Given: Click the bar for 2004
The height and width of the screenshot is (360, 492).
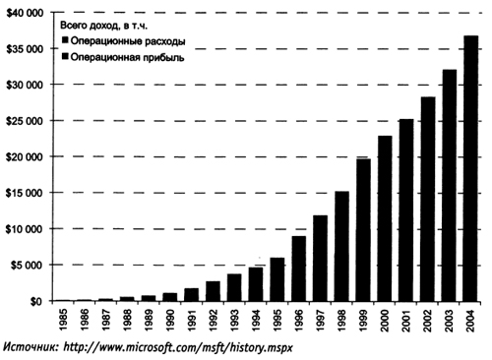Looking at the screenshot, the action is pos(470,168).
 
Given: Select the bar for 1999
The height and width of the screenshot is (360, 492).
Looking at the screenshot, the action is pos(363,230).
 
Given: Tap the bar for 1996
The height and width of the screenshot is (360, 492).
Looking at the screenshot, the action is pos(299,269).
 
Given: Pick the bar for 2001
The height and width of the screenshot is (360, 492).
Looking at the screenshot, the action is pos(406,210).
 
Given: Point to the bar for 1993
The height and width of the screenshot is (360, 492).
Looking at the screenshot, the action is pos(234,287).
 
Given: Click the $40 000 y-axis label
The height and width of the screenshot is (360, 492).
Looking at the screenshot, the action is pos(26,13).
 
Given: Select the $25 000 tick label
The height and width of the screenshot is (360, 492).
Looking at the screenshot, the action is pos(26,121).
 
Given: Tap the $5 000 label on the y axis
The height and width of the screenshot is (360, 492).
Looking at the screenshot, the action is pos(28,265).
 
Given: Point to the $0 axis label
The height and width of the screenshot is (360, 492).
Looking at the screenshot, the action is pos(36,302).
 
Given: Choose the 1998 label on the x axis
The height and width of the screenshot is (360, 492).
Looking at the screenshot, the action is pos(342,320).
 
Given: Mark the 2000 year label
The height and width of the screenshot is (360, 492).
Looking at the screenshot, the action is pos(385,320).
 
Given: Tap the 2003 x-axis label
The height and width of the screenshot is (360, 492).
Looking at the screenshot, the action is pos(450,320).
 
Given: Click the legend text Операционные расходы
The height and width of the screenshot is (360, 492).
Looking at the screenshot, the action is pos(128,41).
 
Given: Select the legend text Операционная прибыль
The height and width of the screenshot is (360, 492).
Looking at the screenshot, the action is pos(127,58).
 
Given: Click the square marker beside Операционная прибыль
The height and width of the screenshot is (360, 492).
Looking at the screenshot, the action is pos(65,57).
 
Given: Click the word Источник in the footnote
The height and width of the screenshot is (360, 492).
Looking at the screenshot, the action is pos(31,347).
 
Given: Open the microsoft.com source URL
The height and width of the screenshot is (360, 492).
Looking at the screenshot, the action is pos(177,347).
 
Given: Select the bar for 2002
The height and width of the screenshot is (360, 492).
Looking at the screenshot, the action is pos(427,199).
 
